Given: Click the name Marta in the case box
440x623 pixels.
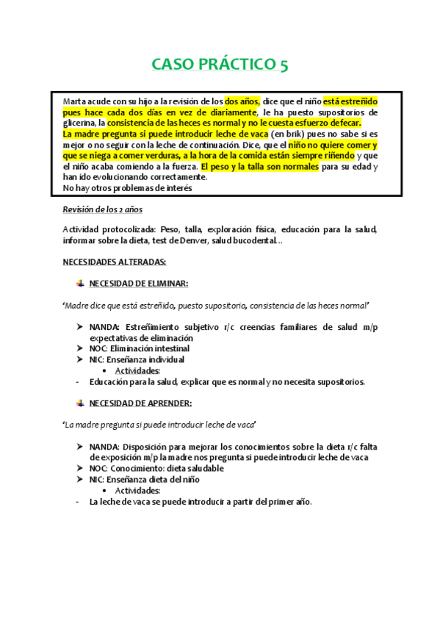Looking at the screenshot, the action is pyautogui.click(x=74, y=101).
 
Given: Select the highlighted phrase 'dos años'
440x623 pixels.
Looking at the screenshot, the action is pyautogui.click(x=242, y=101).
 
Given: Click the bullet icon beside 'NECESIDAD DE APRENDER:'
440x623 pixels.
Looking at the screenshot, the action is pyautogui.click(x=79, y=403).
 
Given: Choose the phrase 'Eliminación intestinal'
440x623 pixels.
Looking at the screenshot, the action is pyautogui.click(x=154, y=348).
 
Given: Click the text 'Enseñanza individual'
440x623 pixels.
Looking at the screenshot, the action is pyautogui.click(x=148, y=359).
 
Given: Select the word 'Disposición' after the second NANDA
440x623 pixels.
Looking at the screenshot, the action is pyautogui.click(x=150, y=447).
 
